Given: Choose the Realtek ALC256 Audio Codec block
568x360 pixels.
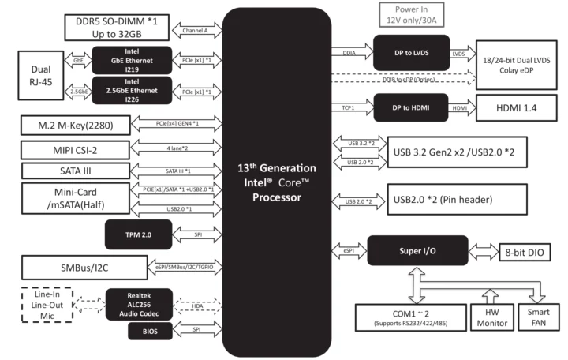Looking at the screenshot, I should point(139,303).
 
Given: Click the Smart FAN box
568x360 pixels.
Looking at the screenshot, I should point(536,316).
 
